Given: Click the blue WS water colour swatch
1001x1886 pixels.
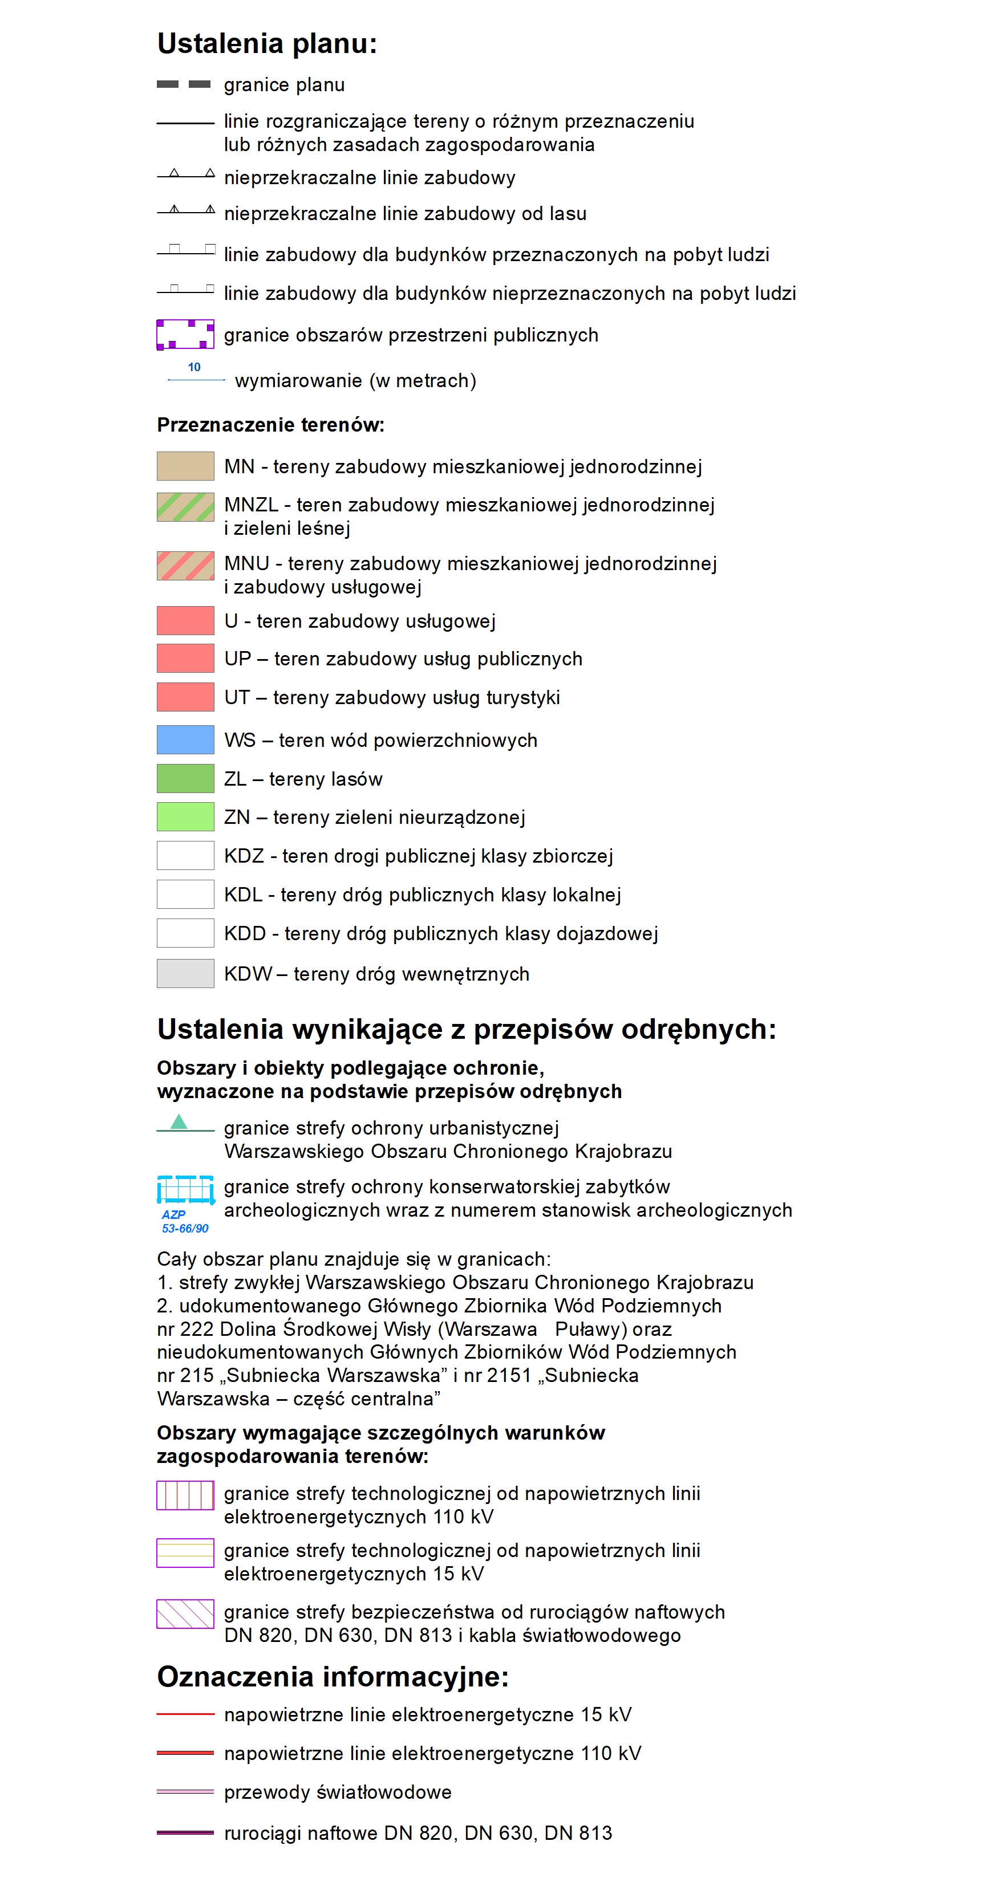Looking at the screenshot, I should coord(185,739).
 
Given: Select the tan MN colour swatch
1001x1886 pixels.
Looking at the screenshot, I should coord(185,466).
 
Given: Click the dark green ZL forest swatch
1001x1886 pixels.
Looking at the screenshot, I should coord(185,778).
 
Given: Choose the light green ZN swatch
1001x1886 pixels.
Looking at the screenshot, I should coord(185,816).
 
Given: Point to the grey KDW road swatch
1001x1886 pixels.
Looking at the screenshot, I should coord(185,973).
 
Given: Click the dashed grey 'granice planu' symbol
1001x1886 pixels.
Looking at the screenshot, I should coord(184,84).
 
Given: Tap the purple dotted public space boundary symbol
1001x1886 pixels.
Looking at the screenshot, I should coord(185,335).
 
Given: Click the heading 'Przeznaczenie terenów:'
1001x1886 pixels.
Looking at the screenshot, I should coord(270,425).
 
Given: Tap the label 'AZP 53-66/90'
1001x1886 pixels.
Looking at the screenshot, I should coord(185,1221).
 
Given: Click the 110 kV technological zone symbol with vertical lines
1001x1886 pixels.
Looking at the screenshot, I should coord(185,1495).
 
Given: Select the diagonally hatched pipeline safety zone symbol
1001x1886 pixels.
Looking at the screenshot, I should coord(185,1613).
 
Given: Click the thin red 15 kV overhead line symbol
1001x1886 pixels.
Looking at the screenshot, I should coord(185,1714).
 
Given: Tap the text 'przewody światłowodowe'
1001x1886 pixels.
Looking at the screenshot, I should coord(338,1791).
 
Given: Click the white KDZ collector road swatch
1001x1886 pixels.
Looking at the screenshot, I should coord(185,855).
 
